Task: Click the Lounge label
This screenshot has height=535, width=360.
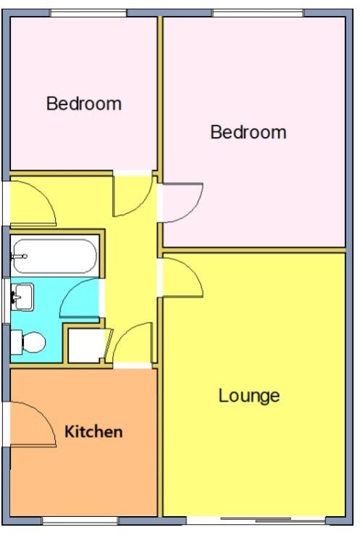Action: (249, 396)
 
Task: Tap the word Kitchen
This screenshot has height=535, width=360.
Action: (93, 432)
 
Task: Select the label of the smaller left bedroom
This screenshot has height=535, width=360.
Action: (84, 104)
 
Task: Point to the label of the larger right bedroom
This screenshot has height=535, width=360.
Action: (248, 133)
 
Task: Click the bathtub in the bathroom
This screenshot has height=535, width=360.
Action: (55, 256)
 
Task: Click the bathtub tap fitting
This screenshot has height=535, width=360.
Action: (20, 256)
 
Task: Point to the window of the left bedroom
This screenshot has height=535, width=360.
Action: (88, 13)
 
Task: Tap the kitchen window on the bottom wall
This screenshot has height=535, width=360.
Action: (80, 521)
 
